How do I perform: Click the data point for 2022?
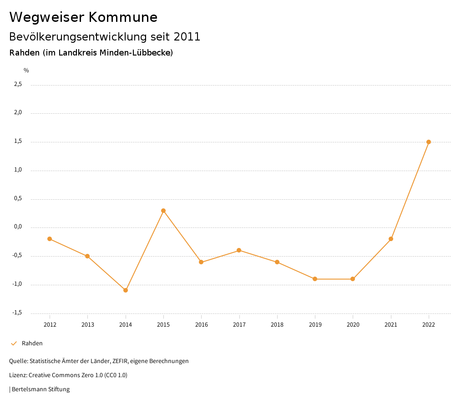(429, 142)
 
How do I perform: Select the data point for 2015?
(163, 211)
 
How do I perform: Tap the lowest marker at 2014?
(126, 290)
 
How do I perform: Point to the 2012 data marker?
(50, 239)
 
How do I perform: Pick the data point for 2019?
(315, 279)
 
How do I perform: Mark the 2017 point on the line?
(239, 250)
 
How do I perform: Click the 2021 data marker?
(391, 239)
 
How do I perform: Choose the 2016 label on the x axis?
(201, 324)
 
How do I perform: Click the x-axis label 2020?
(353, 324)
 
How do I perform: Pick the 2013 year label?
(87, 324)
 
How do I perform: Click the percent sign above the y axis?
(26, 71)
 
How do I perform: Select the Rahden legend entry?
(32, 343)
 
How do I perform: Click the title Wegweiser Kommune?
(83, 17)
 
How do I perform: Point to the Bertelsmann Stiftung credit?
(41, 389)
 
